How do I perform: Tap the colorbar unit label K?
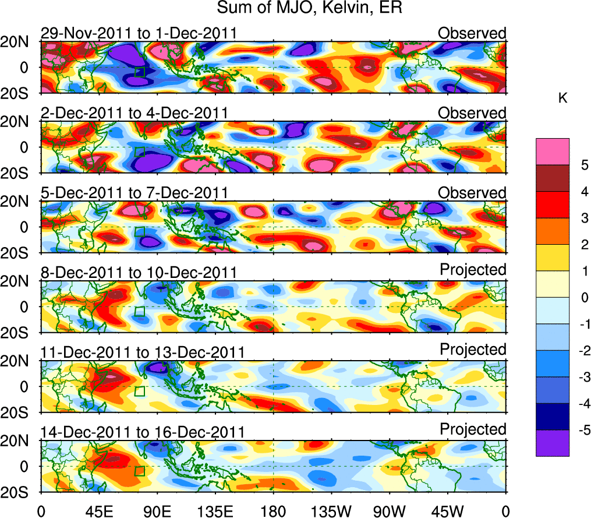pyautogui.click(x=562, y=99)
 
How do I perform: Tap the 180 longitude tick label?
pyautogui.click(x=273, y=511)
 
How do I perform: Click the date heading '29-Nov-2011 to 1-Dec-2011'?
pyautogui.click(x=139, y=33)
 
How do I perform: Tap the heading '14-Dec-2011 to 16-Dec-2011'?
pyautogui.click(x=143, y=432)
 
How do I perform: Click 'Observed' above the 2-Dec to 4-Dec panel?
pyautogui.click(x=472, y=113)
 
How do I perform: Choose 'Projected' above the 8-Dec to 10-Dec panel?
pyautogui.click(x=473, y=270)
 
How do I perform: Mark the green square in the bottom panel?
pyautogui.click(x=140, y=471)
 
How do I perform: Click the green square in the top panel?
pyautogui.click(x=140, y=72)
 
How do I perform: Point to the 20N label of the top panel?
pyautogui.click(x=19, y=42)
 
